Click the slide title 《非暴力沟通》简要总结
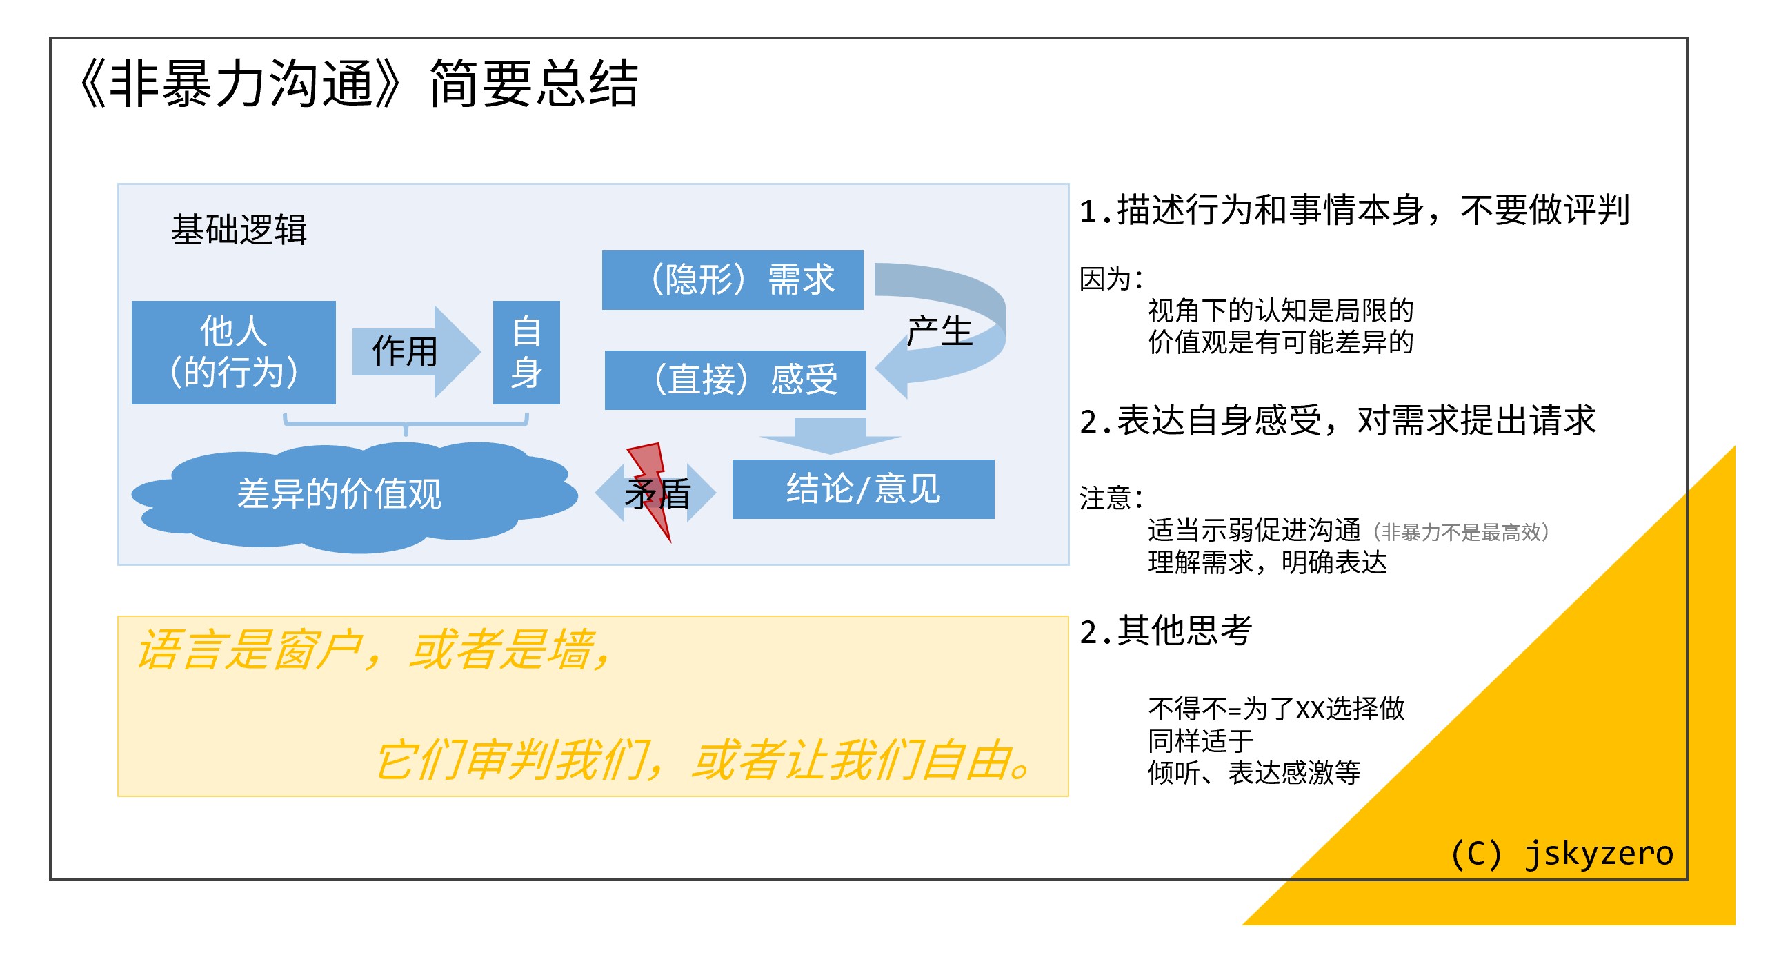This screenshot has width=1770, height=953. click(359, 84)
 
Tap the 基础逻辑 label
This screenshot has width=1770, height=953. click(239, 229)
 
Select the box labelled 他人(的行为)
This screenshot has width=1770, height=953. click(233, 352)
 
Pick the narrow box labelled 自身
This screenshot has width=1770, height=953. click(526, 352)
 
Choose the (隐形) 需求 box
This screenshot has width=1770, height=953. click(733, 280)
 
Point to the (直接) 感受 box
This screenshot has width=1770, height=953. click(735, 380)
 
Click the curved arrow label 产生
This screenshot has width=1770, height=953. click(939, 332)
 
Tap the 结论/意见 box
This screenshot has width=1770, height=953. click(863, 489)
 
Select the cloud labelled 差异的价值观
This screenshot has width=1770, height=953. click(339, 494)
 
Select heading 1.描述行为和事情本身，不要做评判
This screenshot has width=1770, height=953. click(1353, 210)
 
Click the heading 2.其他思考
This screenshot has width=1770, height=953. click(1166, 631)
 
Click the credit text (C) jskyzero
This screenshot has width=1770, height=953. click(1562, 854)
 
